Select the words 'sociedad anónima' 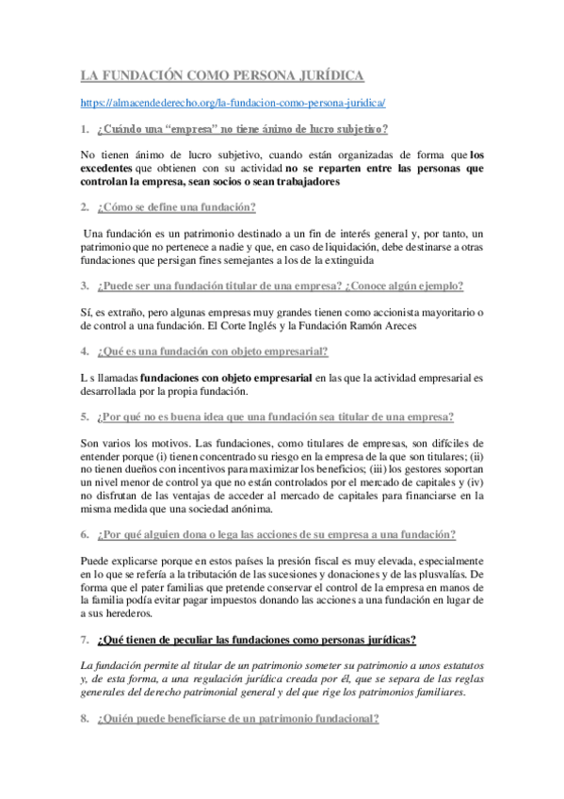225,508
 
